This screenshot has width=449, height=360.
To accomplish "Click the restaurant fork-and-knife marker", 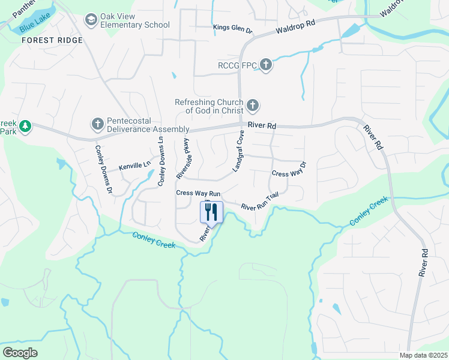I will pyautogui.click(x=211, y=211).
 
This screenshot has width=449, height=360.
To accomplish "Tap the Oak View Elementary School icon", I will pyautogui.click(x=91, y=20).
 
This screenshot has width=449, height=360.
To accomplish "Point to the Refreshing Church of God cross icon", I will pyautogui.click(x=253, y=106).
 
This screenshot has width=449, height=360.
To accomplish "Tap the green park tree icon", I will pyautogui.click(x=25, y=126).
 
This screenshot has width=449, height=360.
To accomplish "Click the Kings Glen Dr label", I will pyautogui.click(x=233, y=28).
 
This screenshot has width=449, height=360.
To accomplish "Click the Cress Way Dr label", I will pyautogui.click(x=289, y=170).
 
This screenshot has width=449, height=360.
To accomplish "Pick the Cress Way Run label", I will pyautogui.click(x=199, y=193).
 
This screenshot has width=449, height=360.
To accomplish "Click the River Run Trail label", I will pyautogui.click(x=261, y=202).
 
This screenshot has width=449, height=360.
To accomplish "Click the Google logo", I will pyautogui.click(x=20, y=353).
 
